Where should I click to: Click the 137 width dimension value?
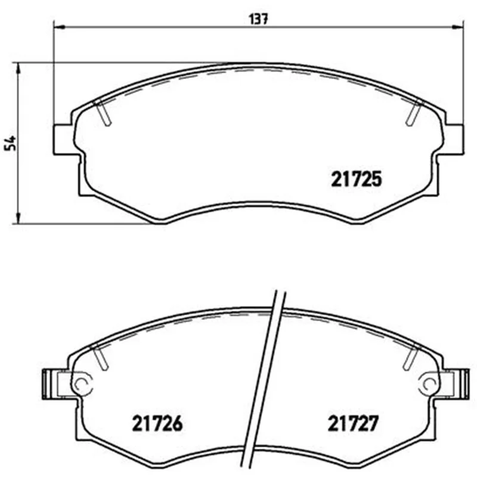(x=258, y=19)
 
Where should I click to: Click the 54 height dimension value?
(x=10, y=143)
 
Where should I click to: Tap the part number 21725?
(x=356, y=179)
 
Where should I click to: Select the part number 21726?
(x=157, y=423)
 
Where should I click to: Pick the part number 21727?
(x=353, y=423)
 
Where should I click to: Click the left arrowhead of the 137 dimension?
(x=59, y=27)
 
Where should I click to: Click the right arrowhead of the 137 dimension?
(x=458, y=27)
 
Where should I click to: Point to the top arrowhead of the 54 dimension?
(x=18, y=69)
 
